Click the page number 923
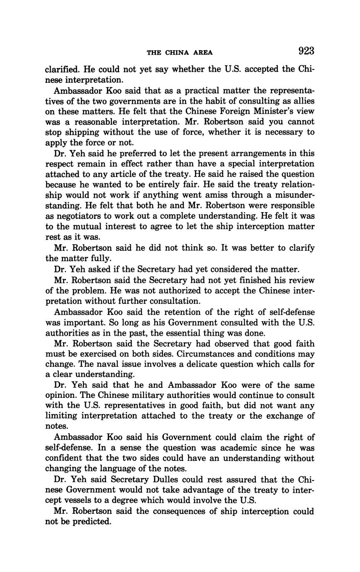pos(306,51)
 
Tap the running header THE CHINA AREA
pos(180,53)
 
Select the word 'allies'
pos(302,101)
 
